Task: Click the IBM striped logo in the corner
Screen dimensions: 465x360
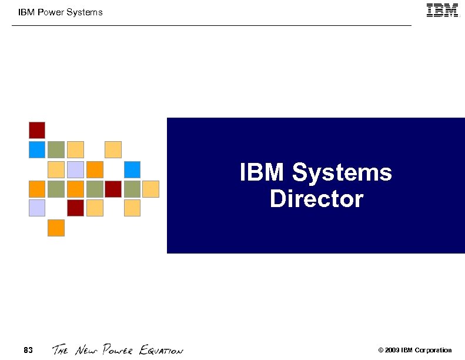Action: [442, 11]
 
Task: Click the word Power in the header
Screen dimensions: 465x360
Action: [51, 12]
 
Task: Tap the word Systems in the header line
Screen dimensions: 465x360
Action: [86, 12]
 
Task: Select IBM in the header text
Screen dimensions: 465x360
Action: [26, 12]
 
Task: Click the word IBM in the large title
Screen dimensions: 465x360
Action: [263, 173]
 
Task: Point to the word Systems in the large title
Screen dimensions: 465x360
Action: [342, 173]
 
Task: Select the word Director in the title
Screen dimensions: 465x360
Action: [316, 199]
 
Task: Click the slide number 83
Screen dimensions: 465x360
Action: [28, 351]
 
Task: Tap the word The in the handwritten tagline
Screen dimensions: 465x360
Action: [61, 351]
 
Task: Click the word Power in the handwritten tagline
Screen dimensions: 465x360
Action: [119, 351]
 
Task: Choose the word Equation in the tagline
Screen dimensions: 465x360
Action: [161, 351]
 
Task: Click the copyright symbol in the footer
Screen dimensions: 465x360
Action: [381, 351]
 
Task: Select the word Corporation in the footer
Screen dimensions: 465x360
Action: [433, 351]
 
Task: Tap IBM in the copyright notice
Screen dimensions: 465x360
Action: [407, 351]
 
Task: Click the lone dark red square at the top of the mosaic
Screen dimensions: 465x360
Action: [37, 130]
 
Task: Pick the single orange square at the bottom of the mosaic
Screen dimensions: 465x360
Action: [56, 228]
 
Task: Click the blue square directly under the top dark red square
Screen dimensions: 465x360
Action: [37, 149]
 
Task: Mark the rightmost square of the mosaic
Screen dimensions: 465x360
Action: [151, 189]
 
